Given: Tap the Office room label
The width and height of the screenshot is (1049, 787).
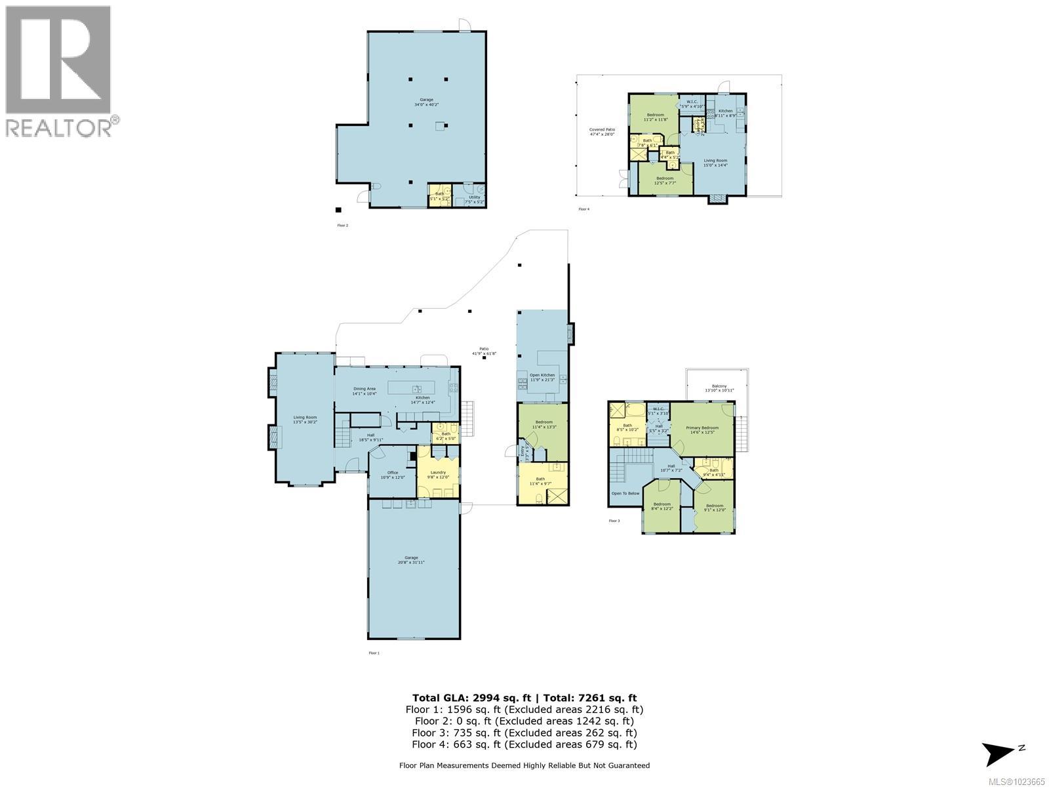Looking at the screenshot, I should point(393,475).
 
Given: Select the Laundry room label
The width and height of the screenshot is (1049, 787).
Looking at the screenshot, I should point(438,474).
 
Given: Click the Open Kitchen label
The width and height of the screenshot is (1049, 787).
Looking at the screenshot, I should point(542,377).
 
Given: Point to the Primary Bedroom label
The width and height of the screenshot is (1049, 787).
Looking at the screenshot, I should point(702,430).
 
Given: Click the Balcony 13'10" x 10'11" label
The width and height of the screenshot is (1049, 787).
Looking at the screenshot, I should point(719,388).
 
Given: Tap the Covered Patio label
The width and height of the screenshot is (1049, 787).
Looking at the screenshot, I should point(602,132).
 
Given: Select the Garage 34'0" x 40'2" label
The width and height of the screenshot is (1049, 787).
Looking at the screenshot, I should point(426,102).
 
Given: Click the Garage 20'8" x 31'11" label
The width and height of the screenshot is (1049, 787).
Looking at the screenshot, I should point(411,559).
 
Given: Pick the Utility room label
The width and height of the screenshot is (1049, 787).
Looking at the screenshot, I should point(474,199).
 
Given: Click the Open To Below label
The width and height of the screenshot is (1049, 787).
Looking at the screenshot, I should point(625,493).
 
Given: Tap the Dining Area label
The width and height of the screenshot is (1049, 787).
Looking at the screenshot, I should point(365,391).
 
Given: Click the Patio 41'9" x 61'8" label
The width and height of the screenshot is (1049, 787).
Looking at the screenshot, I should point(485,351).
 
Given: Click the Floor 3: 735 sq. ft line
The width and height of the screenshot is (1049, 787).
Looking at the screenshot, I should point(524,733).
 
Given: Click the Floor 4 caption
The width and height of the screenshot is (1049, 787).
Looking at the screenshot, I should point(584,209).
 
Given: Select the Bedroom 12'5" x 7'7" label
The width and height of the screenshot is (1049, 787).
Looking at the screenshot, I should point(665,180).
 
